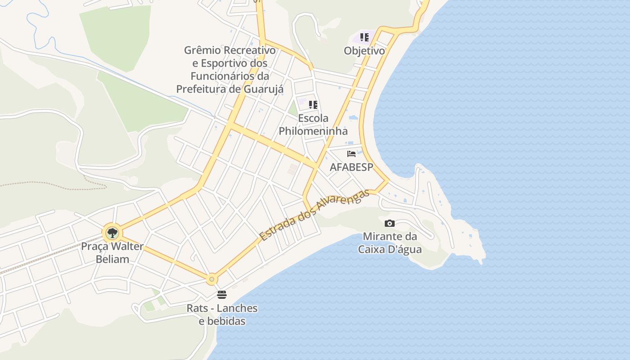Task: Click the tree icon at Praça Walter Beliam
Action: (x=112, y=233)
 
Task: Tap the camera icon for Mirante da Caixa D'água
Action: (x=390, y=223)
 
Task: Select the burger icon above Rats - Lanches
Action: (x=221, y=295)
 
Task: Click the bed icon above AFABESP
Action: (x=351, y=154)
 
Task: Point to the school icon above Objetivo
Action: (x=364, y=37)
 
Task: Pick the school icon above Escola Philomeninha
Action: (x=313, y=105)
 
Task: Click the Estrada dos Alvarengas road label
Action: (x=314, y=215)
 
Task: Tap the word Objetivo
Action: (x=364, y=51)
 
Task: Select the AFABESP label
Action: (x=351, y=167)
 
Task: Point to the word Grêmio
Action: (x=201, y=50)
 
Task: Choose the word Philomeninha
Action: (x=313, y=131)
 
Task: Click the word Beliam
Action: (x=112, y=259)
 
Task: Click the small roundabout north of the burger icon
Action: (x=211, y=279)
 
